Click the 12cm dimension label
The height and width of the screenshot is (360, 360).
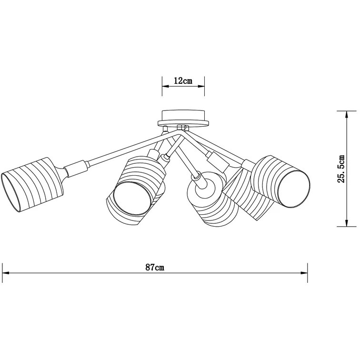(183, 81)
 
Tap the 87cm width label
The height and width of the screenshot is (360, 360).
(155, 267)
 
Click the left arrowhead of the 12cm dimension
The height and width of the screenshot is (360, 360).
(166, 86)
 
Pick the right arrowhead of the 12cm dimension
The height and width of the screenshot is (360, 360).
(201, 86)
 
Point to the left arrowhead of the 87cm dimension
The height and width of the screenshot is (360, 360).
(6, 273)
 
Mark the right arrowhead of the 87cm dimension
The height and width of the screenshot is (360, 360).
(304, 273)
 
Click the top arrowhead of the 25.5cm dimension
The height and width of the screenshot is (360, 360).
(347, 114)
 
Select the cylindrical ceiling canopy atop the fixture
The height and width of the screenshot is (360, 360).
(183, 116)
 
